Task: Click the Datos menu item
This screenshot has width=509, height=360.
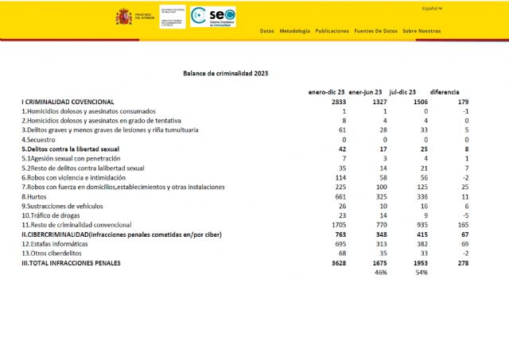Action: (x=266, y=31)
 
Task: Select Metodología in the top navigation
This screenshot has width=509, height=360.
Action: (x=295, y=31)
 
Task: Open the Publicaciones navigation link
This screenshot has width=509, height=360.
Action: (x=332, y=31)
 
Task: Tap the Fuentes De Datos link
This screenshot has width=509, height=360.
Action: (x=375, y=31)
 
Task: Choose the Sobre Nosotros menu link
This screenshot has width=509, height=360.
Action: (x=422, y=31)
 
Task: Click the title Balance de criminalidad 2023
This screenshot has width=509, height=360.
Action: (x=225, y=73)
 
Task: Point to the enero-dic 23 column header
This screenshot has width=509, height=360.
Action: (x=326, y=92)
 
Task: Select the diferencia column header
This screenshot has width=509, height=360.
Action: (x=444, y=92)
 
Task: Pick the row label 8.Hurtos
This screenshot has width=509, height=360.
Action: (x=35, y=196)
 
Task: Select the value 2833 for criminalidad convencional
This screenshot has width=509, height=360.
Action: (x=337, y=102)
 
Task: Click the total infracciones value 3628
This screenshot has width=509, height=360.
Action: (x=337, y=262)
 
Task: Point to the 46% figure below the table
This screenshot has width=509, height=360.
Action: (x=380, y=273)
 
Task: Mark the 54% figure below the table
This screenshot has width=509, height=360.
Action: (x=421, y=273)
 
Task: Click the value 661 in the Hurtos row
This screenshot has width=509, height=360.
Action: (x=340, y=196)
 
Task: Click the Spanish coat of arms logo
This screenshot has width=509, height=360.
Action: (x=124, y=17)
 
